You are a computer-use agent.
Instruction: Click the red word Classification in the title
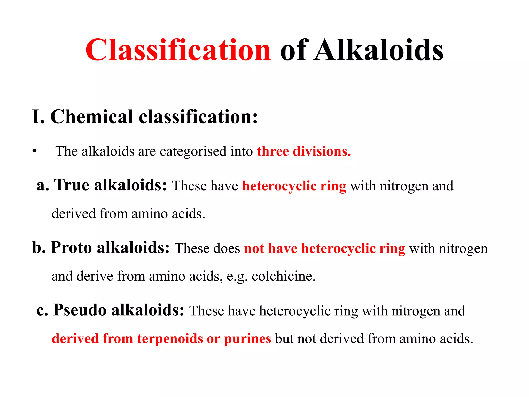[178, 50]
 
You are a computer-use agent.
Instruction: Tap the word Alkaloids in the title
[379, 50]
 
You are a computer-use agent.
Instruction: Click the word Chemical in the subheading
[91, 117]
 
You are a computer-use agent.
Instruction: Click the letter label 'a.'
[43, 186]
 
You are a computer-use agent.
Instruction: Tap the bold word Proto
[71, 247]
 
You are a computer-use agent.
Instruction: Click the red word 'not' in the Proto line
[254, 248]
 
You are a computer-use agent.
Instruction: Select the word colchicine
[283, 276]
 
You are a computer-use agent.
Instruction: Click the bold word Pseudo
[80, 310]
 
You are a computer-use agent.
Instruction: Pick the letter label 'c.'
[42, 310]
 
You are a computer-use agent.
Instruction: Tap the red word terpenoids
[170, 339]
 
